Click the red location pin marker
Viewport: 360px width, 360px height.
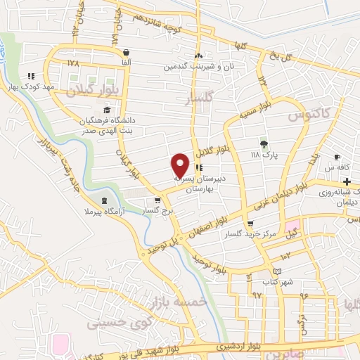(x=180, y=165)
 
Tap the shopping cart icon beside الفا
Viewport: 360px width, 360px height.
(x=126, y=52)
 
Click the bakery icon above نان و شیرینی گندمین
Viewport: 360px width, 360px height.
(x=199, y=56)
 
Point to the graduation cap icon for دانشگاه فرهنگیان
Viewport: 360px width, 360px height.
(x=107, y=110)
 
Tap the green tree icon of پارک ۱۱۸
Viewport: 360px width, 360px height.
(x=264, y=143)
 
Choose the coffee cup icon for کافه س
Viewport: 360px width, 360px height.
(x=337, y=157)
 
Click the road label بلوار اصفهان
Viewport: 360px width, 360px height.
(x=208, y=229)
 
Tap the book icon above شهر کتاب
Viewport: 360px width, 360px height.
(x=276, y=271)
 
